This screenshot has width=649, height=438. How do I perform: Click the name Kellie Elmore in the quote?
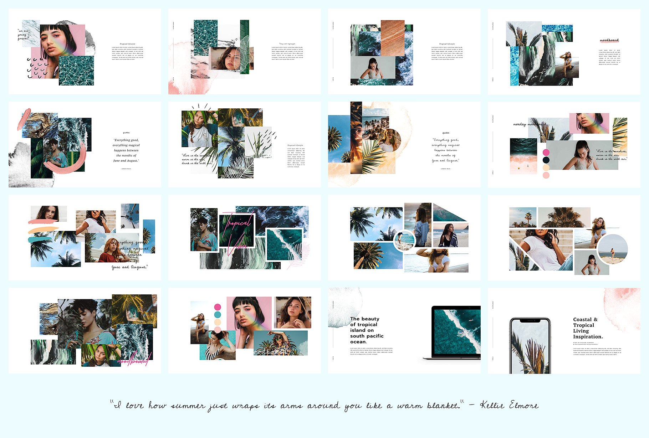pos(509,405)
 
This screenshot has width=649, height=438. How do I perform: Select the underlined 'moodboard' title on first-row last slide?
pos(609,40)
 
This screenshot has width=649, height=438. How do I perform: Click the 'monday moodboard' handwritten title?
pos(530,124)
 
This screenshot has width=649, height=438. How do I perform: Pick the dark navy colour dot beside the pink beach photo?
pos(546,160)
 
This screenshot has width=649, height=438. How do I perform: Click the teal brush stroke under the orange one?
pos(40,239)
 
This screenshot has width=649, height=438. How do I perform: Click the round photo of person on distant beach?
pos(612,249)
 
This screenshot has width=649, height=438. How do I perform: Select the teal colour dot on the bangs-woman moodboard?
pos(218,315)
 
